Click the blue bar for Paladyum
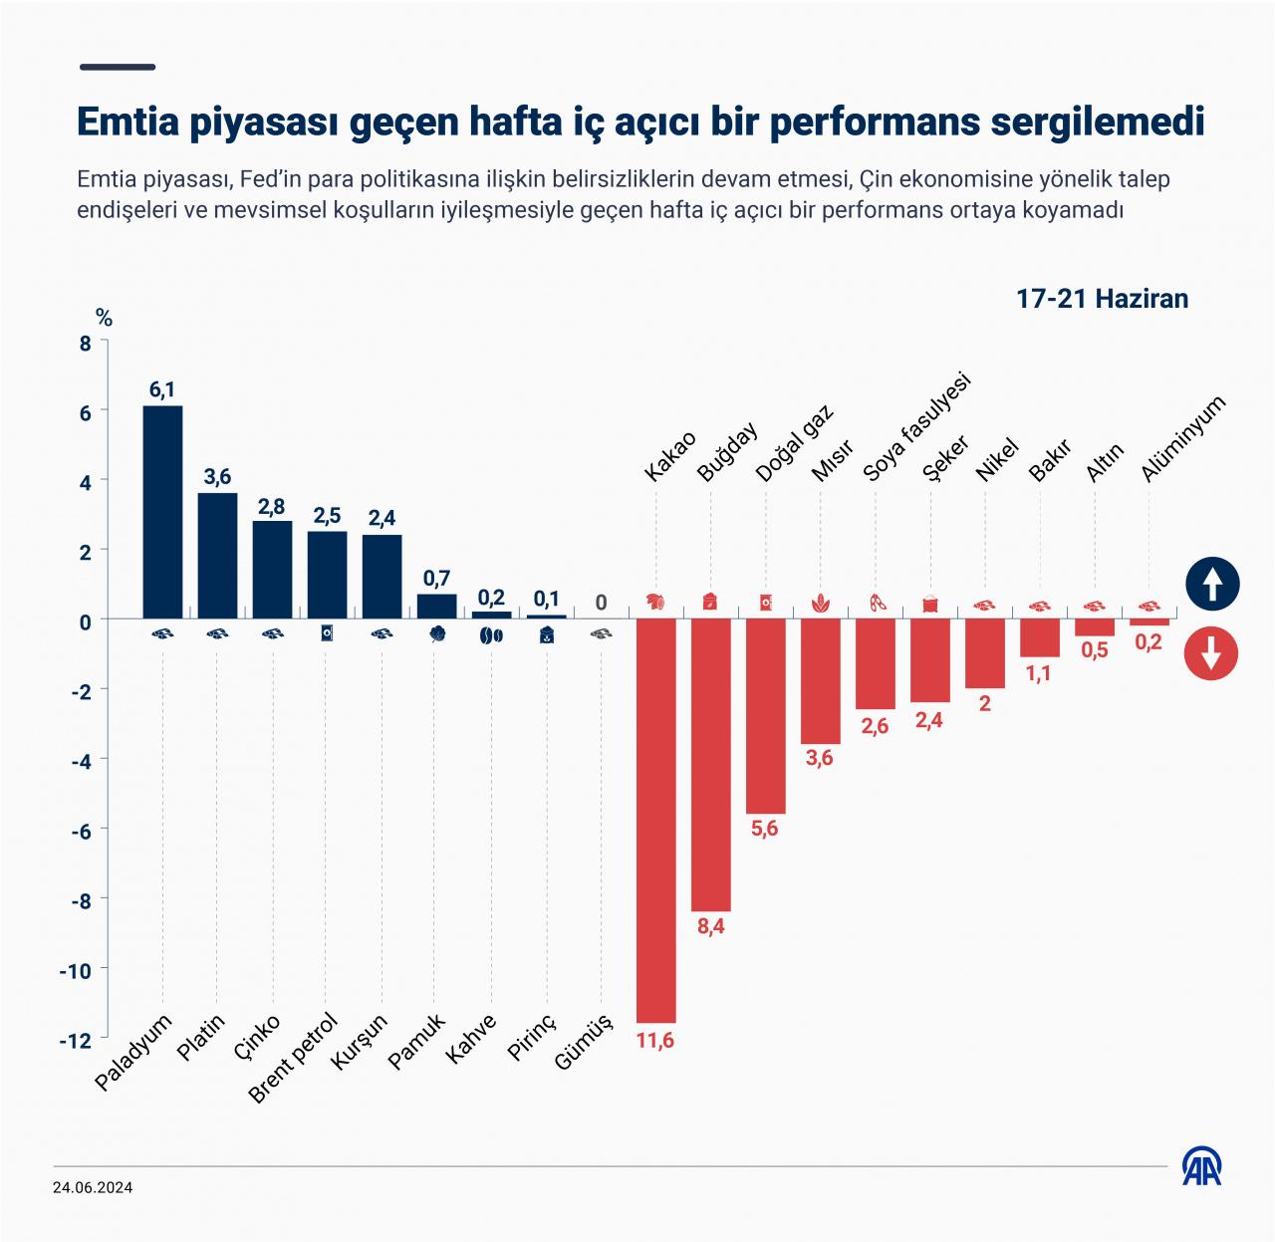(x=162, y=512)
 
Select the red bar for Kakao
(x=655, y=820)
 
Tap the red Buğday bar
(x=710, y=764)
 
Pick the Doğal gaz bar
(x=765, y=715)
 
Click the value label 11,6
(x=655, y=1041)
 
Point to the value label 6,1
(x=162, y=390)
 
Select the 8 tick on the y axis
(x=85, y=343)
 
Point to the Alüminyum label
(x=1182, y=439)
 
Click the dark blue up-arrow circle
(x=1211, y=585)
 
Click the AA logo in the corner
(x=1203, y=1165)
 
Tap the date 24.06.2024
(x=94, y=1187)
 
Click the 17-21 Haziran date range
(x=1102, y=299)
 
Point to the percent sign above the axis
(x=104, y=319)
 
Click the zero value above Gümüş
(x=601, y=603)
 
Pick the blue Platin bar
(x=217, y=555)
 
